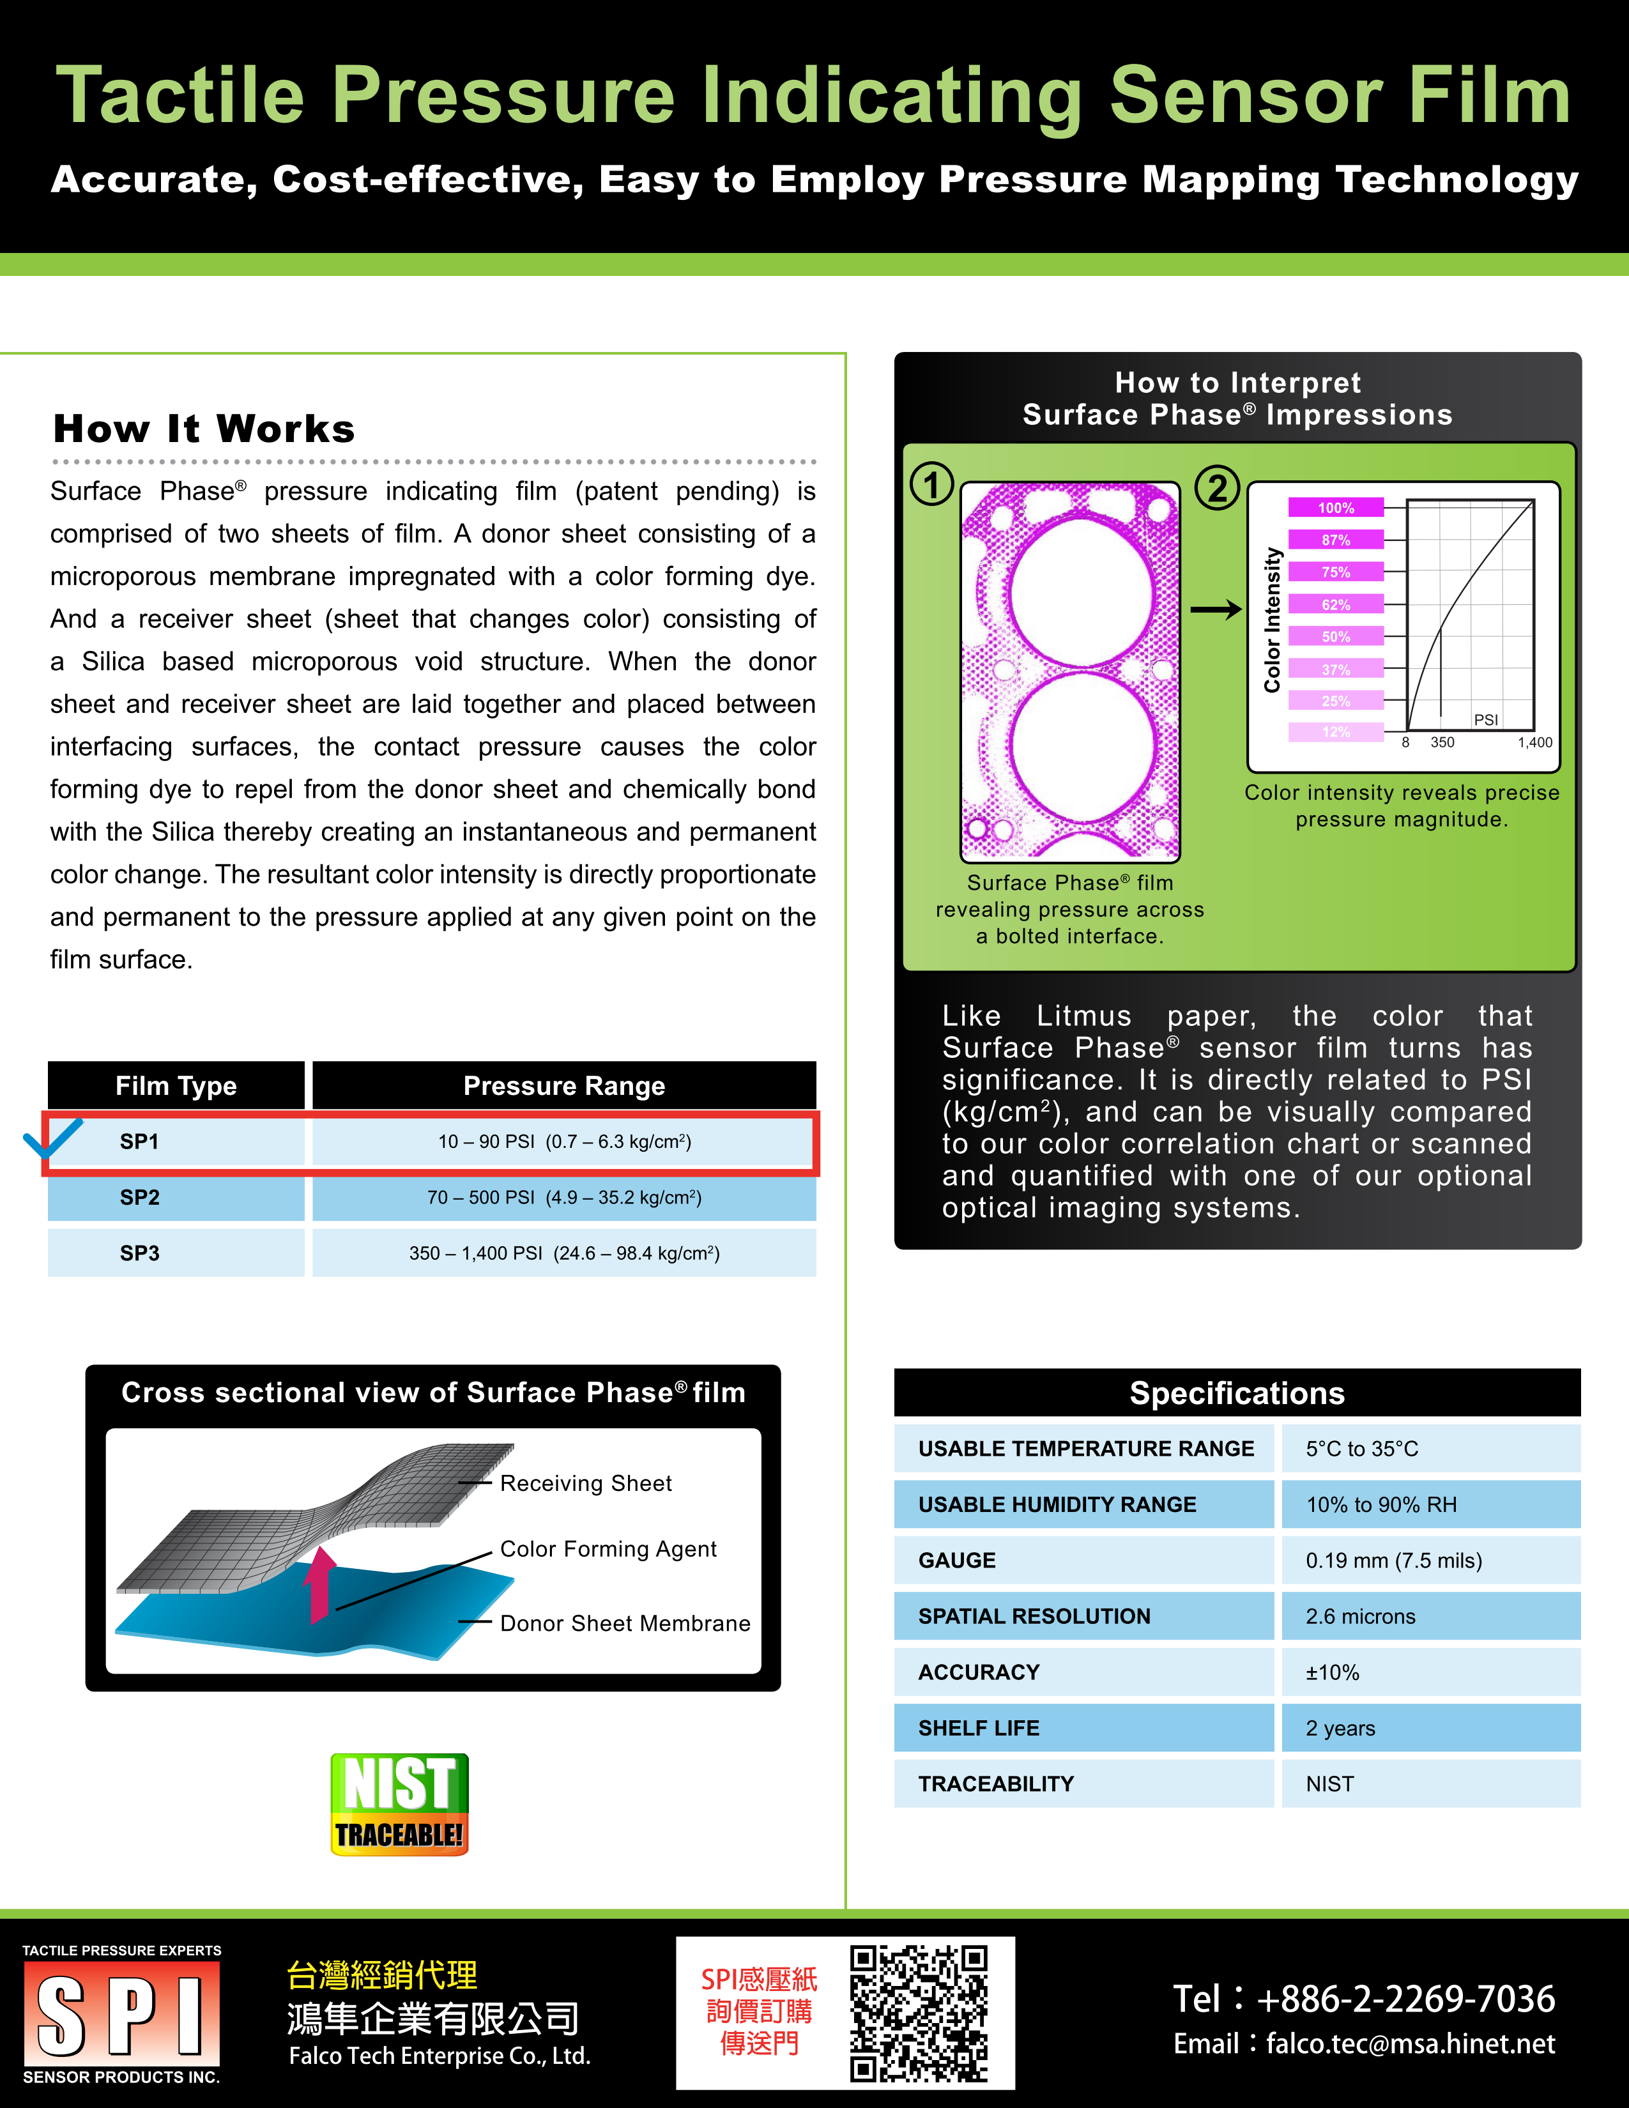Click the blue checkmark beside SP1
[52, 1138]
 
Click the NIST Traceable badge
[399, 1804]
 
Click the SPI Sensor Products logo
[121, 2014]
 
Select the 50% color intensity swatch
[1336, 637]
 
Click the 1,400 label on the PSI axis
[1534, 742]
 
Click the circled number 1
[932, 485]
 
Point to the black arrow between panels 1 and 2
[1215, 609]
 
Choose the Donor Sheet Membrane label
[624, 1623]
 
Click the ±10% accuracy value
[1333, 1673]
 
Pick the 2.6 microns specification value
[1361, 1617]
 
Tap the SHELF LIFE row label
[979, 1729]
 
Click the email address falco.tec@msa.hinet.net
[1410, 2043]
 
